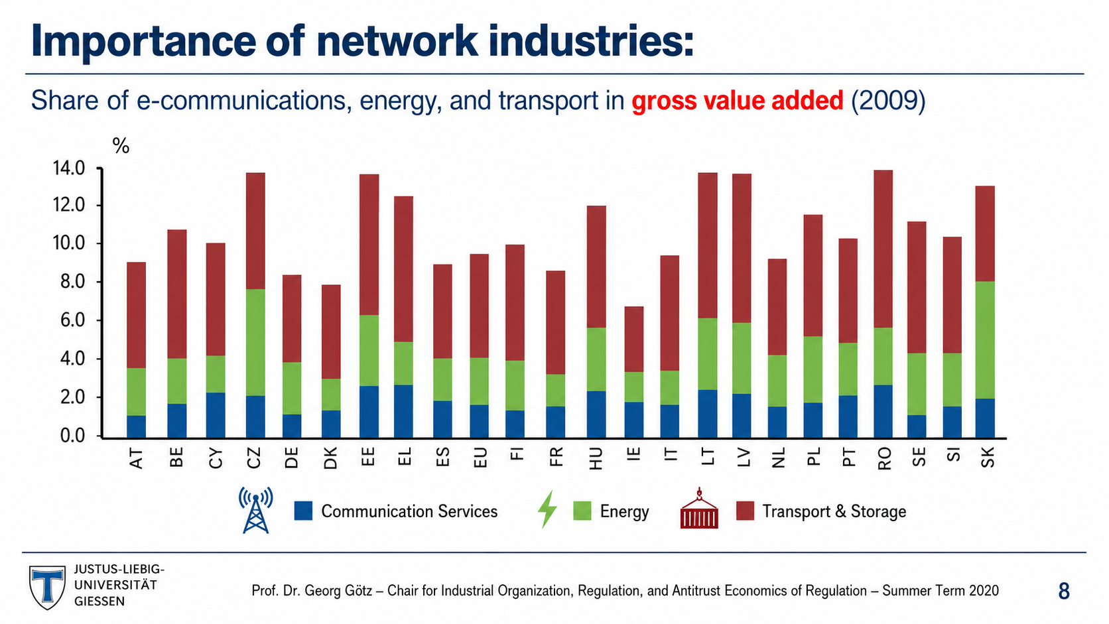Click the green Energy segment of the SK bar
tap(985, 340)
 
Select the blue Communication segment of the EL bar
tap(403, 411)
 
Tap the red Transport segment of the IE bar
tap(633, 340)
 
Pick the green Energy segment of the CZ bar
tap(255, 342)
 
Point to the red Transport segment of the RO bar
tap(883, 249)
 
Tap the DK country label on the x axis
tap(330, 458)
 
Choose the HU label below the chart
tap(596, 458)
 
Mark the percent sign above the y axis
tap(121, 146)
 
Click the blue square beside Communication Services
tap(303, 511)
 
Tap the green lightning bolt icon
tap(548, 509)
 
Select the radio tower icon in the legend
tap(255, 510)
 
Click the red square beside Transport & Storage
tap(745, 511)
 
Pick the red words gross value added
tap(737, 100)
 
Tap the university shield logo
tap(47, 588)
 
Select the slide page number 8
tap(1064, 591)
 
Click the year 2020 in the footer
tap(984, 590)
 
